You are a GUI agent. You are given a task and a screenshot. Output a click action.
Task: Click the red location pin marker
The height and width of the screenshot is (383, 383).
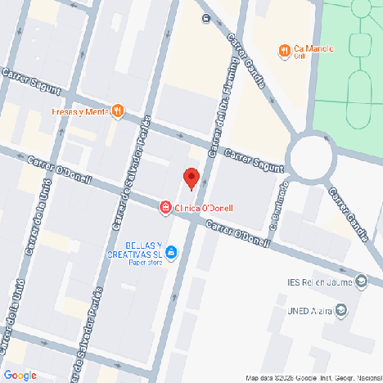pyautogui.click(x=191, y=178)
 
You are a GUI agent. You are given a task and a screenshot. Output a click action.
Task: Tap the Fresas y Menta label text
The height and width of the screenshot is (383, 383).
pyautogui.click(x=80, y=110)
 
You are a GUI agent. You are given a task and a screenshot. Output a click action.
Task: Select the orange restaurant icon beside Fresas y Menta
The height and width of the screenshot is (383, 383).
pyautogui.click(x=119, y=110)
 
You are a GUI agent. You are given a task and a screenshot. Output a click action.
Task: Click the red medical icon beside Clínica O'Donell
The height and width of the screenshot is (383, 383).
pyautogui.click(x=166, y=208)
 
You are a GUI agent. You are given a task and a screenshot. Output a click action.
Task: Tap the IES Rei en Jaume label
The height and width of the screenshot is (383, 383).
pyautogui.click(x=318, y=282)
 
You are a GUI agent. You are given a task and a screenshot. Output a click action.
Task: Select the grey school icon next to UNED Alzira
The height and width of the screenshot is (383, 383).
pyautogui.click(x=342, y=311)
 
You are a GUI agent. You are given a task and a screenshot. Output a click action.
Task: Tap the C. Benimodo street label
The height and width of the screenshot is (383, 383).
pyautogui.click(x=278, y=205)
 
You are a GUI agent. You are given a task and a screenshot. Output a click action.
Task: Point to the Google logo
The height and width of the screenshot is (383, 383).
pyautogui.click(x=20, y=375)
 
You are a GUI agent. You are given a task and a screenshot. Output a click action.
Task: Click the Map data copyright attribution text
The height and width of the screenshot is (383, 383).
pyautogui.click(x=313, y=378)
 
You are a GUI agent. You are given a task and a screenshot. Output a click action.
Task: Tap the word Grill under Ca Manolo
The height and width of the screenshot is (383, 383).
pyautogui.click(x=300, y=57)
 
